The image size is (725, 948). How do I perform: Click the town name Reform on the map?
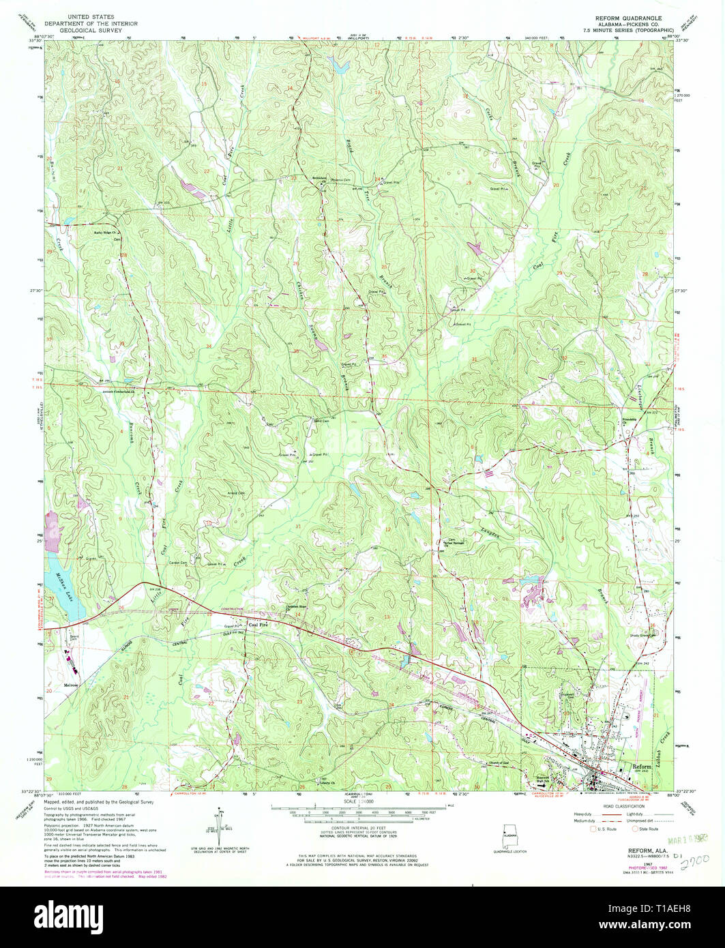tap(642, 766)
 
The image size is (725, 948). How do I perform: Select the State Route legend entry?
tap(647, 829)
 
